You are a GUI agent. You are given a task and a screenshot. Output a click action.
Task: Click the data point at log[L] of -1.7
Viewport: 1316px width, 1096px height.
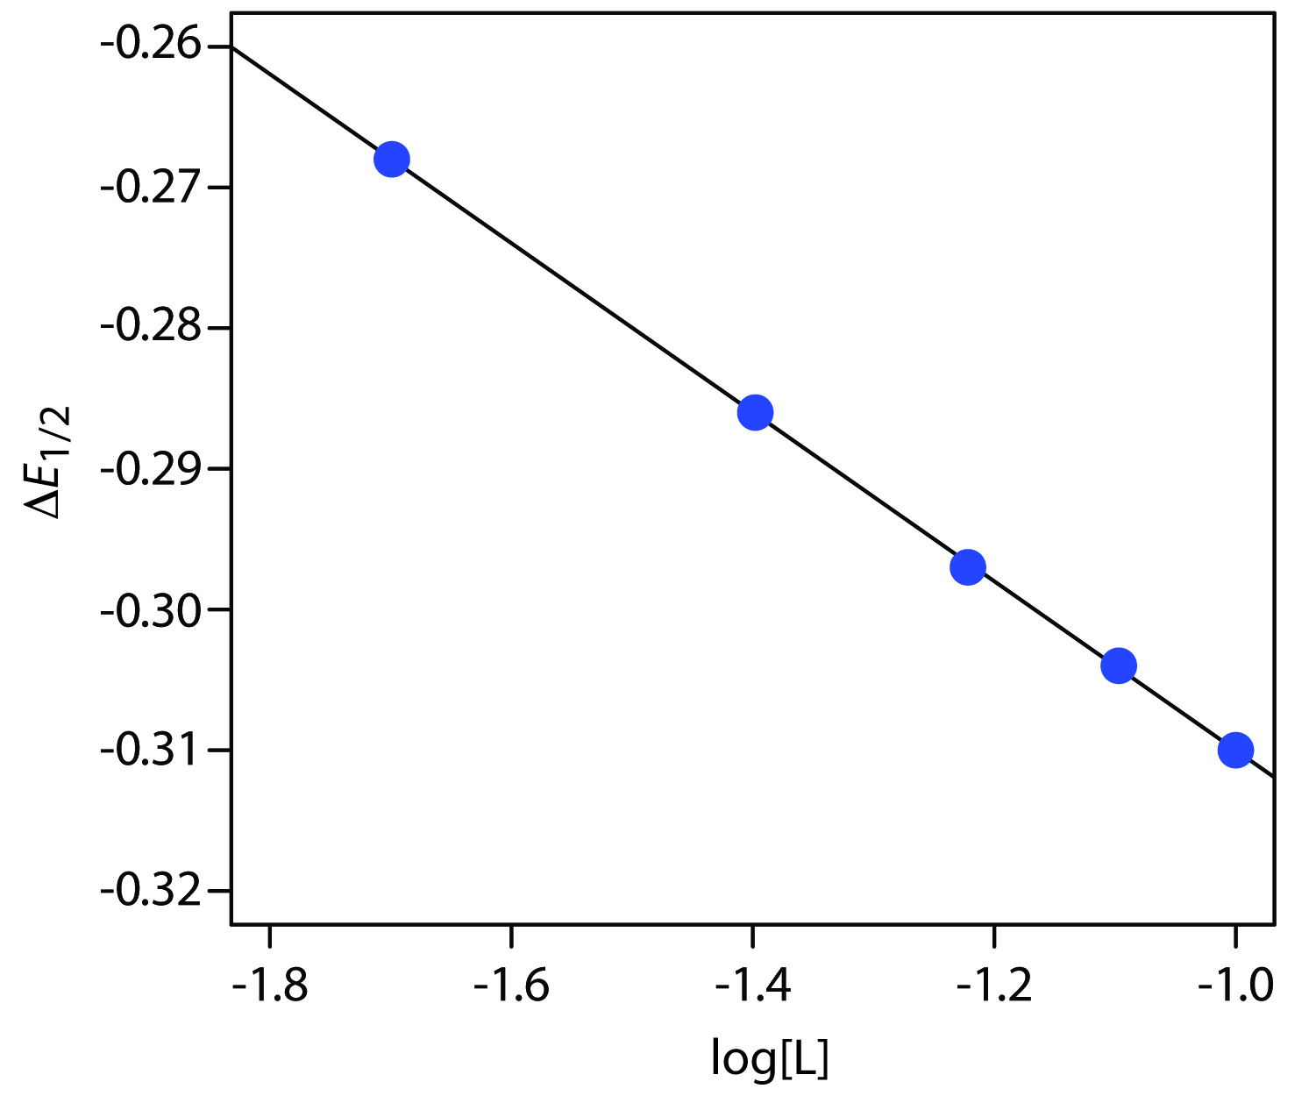tap(391, 160)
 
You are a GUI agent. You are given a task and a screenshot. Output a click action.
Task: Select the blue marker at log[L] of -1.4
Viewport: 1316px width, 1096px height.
tap(755, 412)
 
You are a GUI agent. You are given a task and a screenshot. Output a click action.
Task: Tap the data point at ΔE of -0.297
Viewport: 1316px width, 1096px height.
tap(968, 567)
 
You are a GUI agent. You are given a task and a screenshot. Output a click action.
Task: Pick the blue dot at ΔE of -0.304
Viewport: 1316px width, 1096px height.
tap(1118, 666)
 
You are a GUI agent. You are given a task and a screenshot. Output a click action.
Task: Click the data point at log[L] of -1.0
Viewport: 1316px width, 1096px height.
tap(1235, 750)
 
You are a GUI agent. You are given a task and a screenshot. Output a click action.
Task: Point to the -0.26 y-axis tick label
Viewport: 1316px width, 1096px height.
tap(151, 46)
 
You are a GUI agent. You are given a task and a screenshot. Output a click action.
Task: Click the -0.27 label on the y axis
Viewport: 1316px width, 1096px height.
tap(151, 187)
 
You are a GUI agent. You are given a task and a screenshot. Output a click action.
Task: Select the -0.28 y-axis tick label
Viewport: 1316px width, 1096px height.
tap(151, 328)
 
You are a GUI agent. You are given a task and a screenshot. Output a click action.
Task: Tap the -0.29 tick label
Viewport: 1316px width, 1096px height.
tap(151, 468)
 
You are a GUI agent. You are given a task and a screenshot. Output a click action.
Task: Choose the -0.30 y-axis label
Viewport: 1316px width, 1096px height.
tap(151, 609)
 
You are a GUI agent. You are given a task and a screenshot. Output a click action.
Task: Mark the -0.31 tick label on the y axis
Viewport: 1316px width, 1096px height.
tap(151, 751)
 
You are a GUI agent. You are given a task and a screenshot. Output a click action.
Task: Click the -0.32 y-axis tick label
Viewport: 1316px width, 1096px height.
tap(151, 892)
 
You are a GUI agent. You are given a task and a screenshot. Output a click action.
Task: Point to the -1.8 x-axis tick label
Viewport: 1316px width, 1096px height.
tap(270, 986)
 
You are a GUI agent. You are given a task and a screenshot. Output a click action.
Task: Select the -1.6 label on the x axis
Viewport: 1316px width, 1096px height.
tap(511, 986)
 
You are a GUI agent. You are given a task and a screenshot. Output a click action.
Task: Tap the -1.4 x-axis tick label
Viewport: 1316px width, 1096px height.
tap(752, 986)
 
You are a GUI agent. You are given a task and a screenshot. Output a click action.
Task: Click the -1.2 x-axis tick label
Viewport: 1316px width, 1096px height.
tap(994, 986)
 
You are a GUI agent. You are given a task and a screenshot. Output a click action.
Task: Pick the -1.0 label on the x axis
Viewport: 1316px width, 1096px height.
tap(1235, 986)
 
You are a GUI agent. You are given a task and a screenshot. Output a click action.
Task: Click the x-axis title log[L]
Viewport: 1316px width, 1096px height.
tap(769, 1059)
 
